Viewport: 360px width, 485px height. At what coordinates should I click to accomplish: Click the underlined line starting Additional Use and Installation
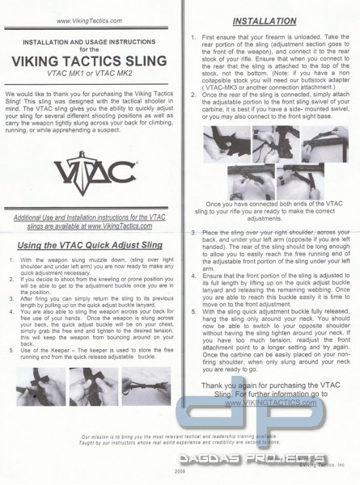tap(91, 223)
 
